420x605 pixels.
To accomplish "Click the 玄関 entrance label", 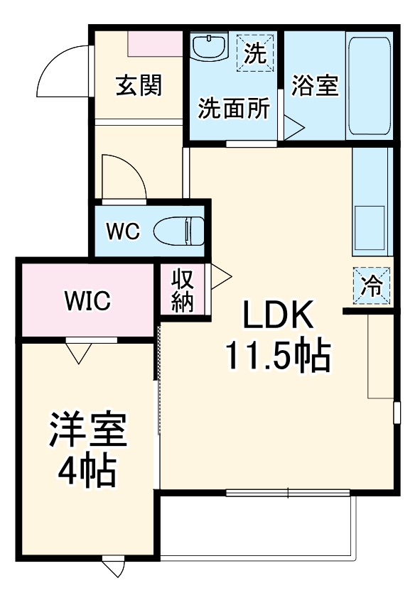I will click(x=139, y=85).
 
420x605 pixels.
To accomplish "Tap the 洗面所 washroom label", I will click(x=233, y=109).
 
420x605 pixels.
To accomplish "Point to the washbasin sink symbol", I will click(x=209, y=48).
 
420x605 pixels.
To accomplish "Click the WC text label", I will click(x=124, y=231).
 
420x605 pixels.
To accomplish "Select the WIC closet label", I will click(x=87, y=301).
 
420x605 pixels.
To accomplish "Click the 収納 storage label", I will click(x=183, y=290).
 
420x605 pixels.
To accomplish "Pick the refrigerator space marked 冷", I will click(x=371, y=285).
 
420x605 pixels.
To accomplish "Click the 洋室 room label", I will click(x=88, y=431).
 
